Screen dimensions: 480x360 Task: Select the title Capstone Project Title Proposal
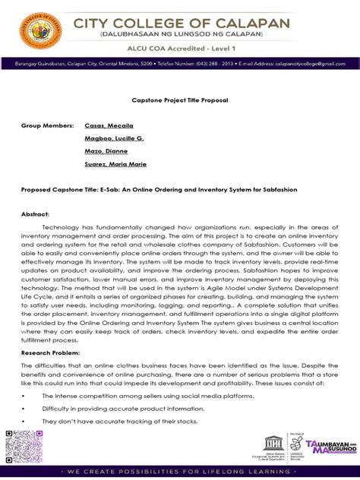(181, 99)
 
